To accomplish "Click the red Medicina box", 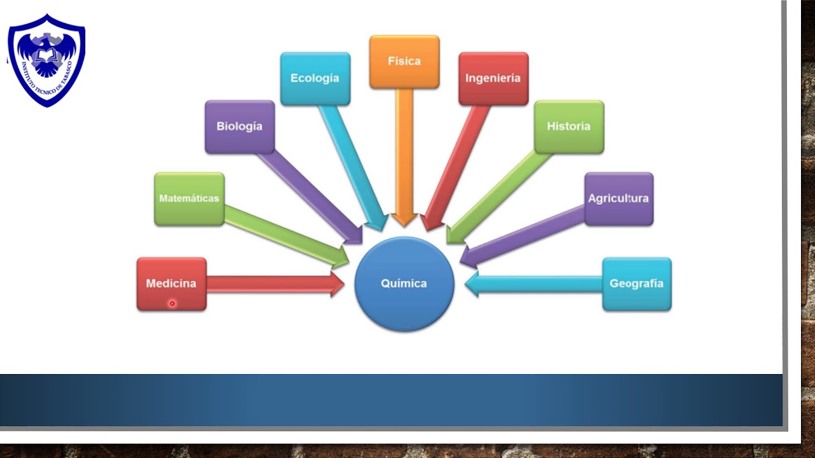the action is tap(172, 284).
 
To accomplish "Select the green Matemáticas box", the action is tap(189, 199).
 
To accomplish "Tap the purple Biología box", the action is tap(240, 127).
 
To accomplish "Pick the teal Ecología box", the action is tap(315, 78).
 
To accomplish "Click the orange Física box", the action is tap(404, 62).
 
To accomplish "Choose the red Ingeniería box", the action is tap(493, 78).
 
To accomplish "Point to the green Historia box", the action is tap(569, 127).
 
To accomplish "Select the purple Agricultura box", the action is tap(619, 199).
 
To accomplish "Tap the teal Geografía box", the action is tap(637, 284).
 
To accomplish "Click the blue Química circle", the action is tap(404, 284).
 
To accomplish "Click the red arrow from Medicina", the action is tap(276, 284).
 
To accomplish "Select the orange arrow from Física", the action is tap(404, 157).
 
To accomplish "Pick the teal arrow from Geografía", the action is tap(534, 284).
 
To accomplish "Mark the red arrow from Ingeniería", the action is tap(455, 168).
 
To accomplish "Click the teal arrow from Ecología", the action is tap(353, 168).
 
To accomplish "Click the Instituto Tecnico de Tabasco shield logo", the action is tap(46, 60).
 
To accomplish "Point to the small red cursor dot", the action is tap(172, 303).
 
